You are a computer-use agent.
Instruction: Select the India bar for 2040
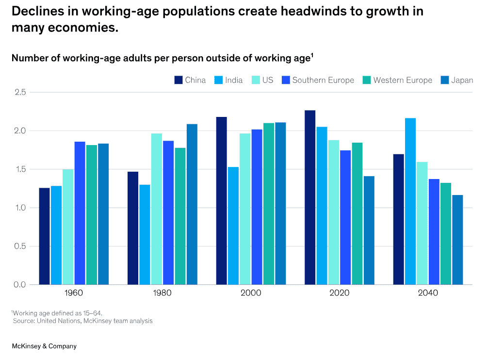point(410,201)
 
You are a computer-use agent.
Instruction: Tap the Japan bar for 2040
point(457,240)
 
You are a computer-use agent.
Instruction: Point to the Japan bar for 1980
point(192,204)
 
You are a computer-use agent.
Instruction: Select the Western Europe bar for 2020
point(357,213)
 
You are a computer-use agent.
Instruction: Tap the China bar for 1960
point(45,236)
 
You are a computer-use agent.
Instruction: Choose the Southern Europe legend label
point(323,80)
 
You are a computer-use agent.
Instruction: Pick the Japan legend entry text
point(462,80)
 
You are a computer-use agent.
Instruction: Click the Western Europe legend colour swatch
point(366,80)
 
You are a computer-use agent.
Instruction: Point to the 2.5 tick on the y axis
point(21,92)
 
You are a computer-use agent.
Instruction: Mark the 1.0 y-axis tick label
point(21,208)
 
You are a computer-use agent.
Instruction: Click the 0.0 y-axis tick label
point(21,284)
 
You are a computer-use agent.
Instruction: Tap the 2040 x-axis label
point(428,293)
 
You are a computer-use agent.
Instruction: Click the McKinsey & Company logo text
point(44,346)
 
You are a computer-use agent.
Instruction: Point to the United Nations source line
point(82,321)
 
